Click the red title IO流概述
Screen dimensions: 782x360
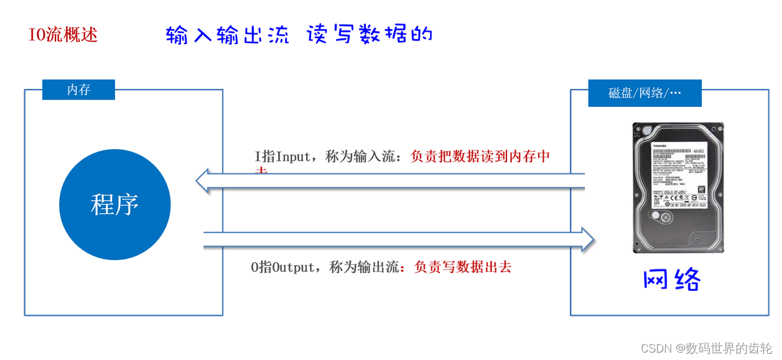(x=63, y=35)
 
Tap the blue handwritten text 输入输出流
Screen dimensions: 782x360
(x=228, y=35)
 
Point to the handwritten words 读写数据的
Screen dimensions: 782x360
(x=370, y=34)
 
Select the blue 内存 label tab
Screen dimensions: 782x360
(x=78, y=90)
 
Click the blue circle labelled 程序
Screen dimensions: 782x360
(x=114, y=205)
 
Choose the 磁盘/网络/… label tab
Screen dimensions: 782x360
(x=645, y=93)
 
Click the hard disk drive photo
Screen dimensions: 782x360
(x=677, y=187)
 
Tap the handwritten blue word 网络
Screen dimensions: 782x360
(x=672, y=280)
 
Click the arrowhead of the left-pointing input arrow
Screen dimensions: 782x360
(x=203, y=181)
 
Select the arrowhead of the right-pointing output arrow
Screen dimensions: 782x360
(x=588, y=240)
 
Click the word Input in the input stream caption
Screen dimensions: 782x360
(x=292, y=157)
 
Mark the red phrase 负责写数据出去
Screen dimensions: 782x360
(x=462, y=267)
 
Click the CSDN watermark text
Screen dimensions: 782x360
(x=654, y=348)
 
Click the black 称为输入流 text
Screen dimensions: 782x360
(x=361, y=157)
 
